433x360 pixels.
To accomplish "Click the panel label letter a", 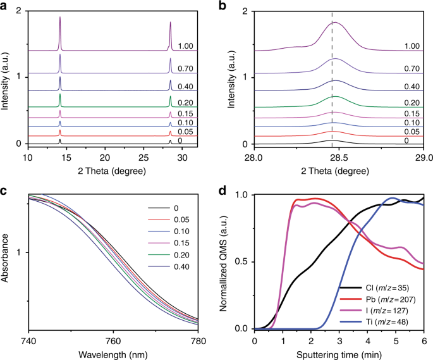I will [5, 6].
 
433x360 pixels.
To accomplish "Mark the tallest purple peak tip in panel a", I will [60, 18].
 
